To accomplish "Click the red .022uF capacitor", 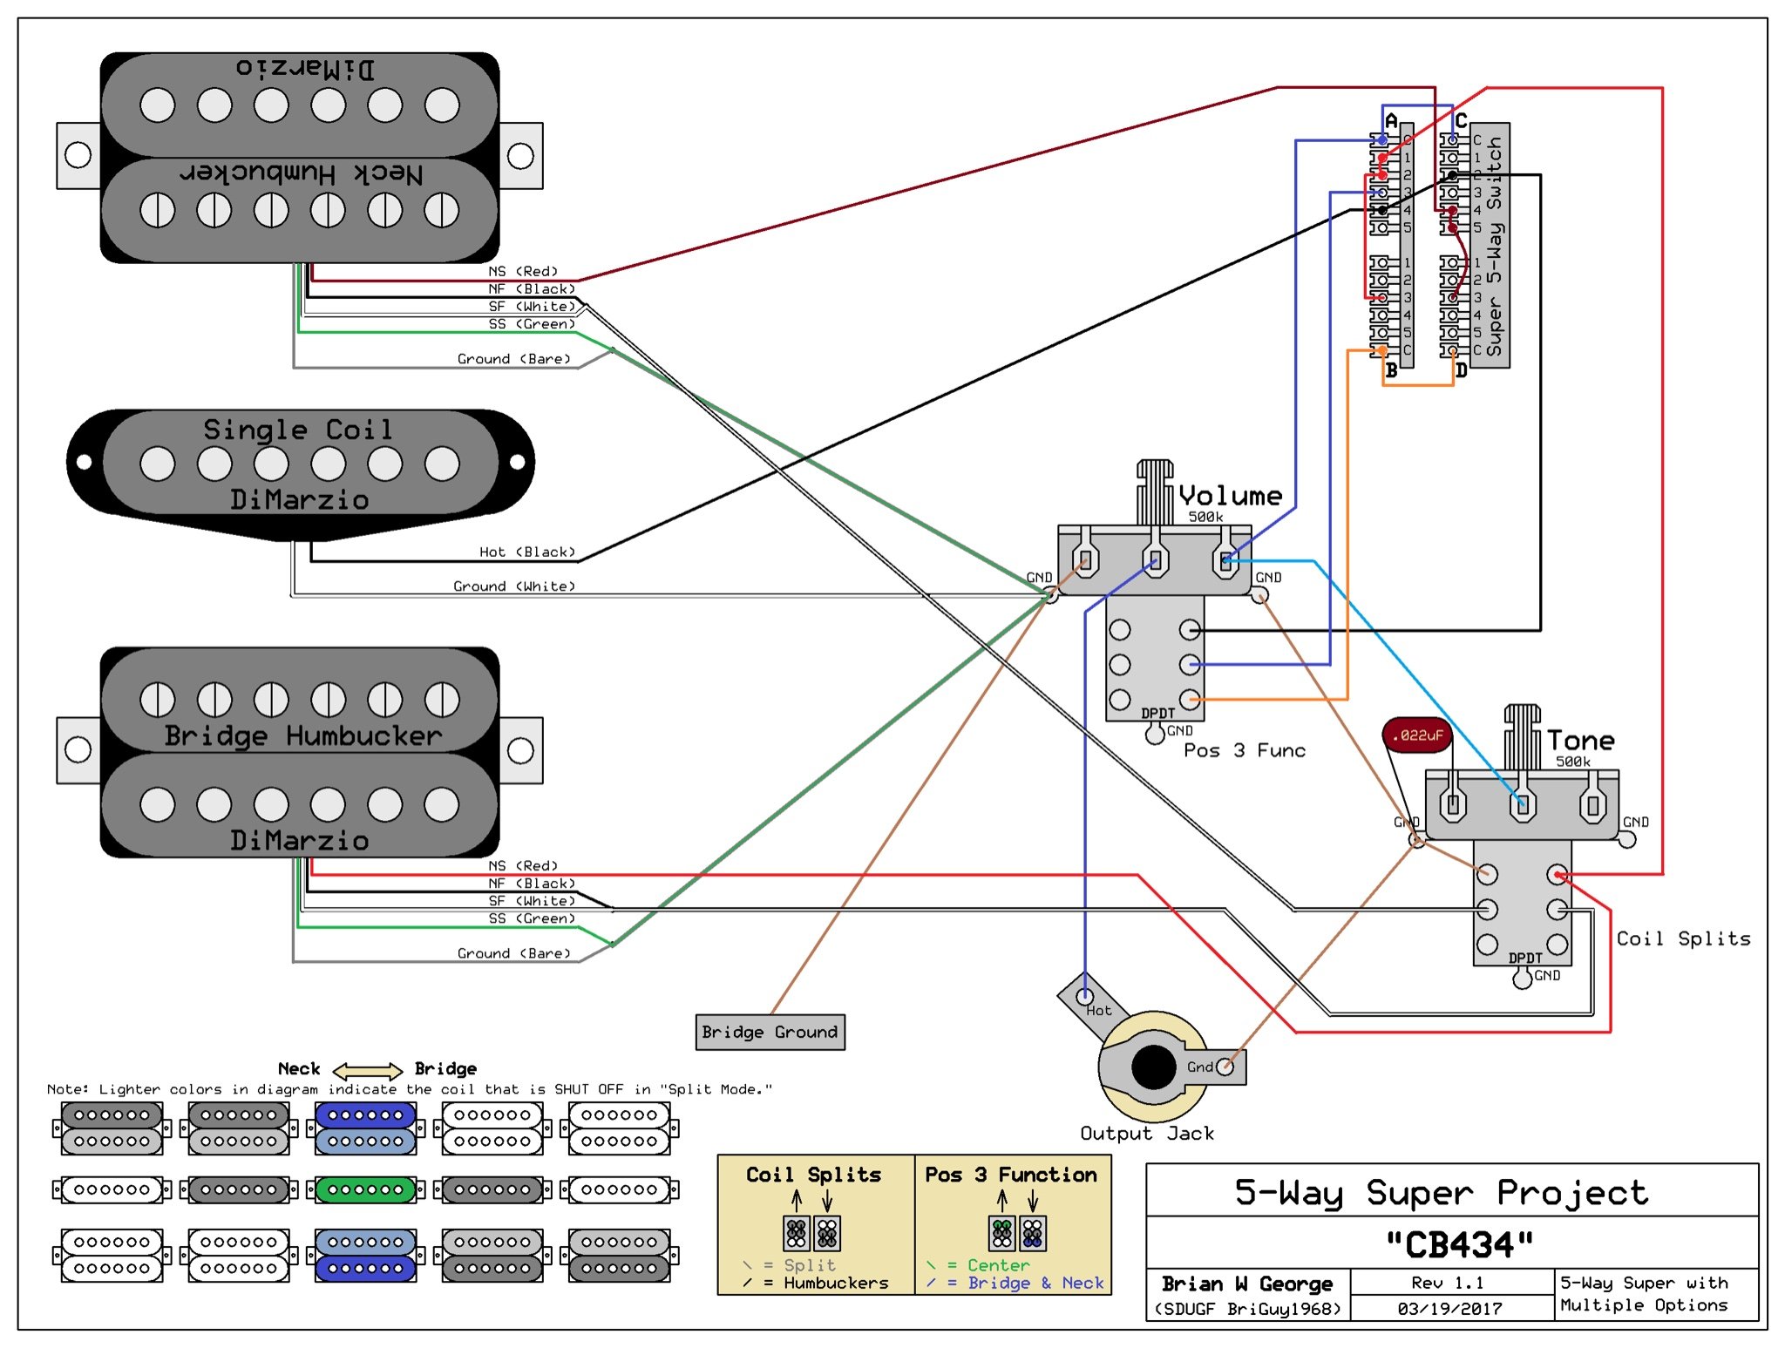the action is click(x=1417, y=735).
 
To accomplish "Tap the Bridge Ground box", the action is click(x=770, y=1032).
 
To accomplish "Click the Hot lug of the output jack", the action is click(x=1085, y=995).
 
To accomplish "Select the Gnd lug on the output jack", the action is click(x=1225, y=1066).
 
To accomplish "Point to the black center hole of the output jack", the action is click(x=1154, y=1067).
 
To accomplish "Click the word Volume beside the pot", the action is click(x=1230, y=496).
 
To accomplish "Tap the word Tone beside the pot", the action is click(x=1581, y=741).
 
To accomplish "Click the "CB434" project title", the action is click(x=1460, y=1244).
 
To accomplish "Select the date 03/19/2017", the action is click(x=1450, y=1308).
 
